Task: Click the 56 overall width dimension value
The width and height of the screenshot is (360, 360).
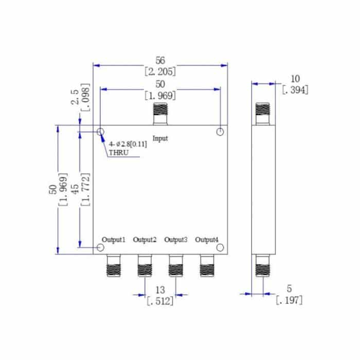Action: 160,61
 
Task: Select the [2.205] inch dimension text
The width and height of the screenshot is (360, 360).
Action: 160,71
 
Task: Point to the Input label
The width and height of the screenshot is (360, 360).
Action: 160,138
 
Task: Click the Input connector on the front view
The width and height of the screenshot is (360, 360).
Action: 160,114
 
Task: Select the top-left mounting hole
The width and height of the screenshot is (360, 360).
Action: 101,132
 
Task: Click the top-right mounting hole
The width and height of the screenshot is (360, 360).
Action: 220,132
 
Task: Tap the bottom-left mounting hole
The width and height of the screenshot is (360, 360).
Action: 101,248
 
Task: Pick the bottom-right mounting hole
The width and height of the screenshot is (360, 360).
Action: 220,248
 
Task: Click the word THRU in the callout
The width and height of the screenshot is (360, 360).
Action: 118,153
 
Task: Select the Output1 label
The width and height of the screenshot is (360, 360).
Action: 114,240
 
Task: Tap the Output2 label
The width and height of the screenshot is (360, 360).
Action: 145,240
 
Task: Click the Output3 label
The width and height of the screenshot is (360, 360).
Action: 176,240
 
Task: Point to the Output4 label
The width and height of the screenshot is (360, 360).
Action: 207,240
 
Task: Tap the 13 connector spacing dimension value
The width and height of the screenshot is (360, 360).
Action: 160,291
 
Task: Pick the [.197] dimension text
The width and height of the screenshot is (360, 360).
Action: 289,300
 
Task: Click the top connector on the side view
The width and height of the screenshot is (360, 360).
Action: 263,114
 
